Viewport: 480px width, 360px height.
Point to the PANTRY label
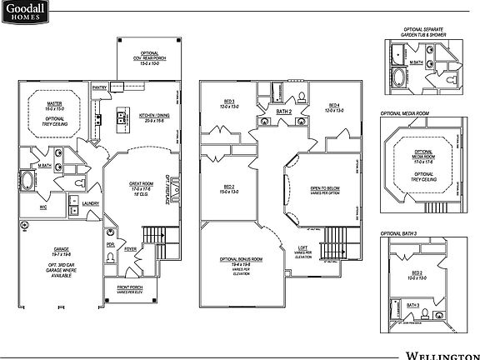click(x=99, y=86)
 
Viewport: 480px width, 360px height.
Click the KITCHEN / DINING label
click(x=156, y=117)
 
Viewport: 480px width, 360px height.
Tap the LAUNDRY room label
click(x=91, y=203)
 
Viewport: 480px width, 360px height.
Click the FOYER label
click(x=131, y=248)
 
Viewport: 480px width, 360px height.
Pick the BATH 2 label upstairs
click(x=282, y=110)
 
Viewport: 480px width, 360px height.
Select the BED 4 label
click(x=333, y=104)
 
